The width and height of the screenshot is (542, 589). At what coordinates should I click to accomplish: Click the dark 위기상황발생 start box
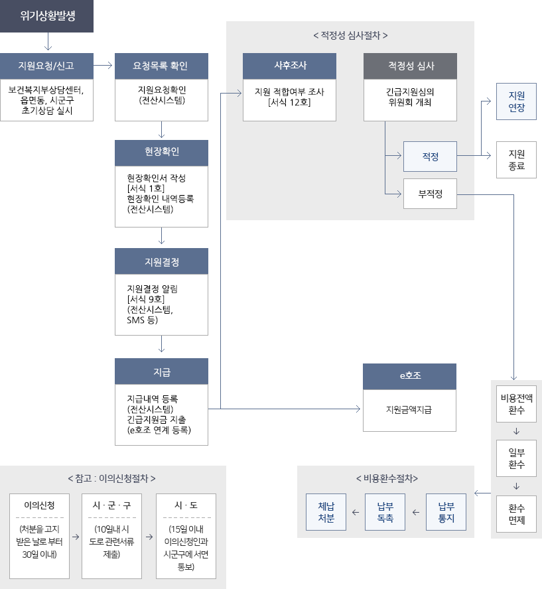[x=46, y=16]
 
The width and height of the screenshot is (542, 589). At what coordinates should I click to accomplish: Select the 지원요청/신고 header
[x=46, y=66]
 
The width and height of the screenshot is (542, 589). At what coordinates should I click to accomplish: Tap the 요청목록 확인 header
[x=161, y=66]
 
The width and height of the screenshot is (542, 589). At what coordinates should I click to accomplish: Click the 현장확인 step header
[x=161, y=152]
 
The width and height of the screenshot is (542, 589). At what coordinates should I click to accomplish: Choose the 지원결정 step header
[x=161, y=261]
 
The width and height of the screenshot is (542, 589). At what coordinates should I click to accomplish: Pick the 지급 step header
[x=161, y=371]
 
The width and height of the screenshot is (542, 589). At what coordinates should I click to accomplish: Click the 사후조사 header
[x=289, y=66]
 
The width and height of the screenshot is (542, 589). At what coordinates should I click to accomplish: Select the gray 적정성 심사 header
[x=410, y=66]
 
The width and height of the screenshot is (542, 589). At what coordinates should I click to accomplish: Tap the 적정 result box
[x=430, y=157]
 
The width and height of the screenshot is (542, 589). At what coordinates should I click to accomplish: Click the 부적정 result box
[x=430, y=194]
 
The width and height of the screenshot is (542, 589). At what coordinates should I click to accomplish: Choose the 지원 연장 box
[x=516, y=101]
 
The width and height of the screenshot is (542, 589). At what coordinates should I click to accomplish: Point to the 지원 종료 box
[x=516, y=159]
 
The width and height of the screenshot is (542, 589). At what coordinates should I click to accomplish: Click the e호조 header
[x=409, y=376]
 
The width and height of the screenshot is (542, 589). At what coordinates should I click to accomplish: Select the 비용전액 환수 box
[x=516, y=404]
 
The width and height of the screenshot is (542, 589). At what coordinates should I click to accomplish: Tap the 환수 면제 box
[x=516, y=514]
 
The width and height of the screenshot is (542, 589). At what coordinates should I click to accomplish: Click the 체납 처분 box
[x=326, y=512]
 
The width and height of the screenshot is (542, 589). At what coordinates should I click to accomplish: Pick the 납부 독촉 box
[x=385, y=512]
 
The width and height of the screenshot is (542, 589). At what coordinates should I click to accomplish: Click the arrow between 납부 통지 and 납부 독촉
[x=415, y=512]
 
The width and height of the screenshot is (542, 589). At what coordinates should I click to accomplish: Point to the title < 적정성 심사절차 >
[x=350, y=35]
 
